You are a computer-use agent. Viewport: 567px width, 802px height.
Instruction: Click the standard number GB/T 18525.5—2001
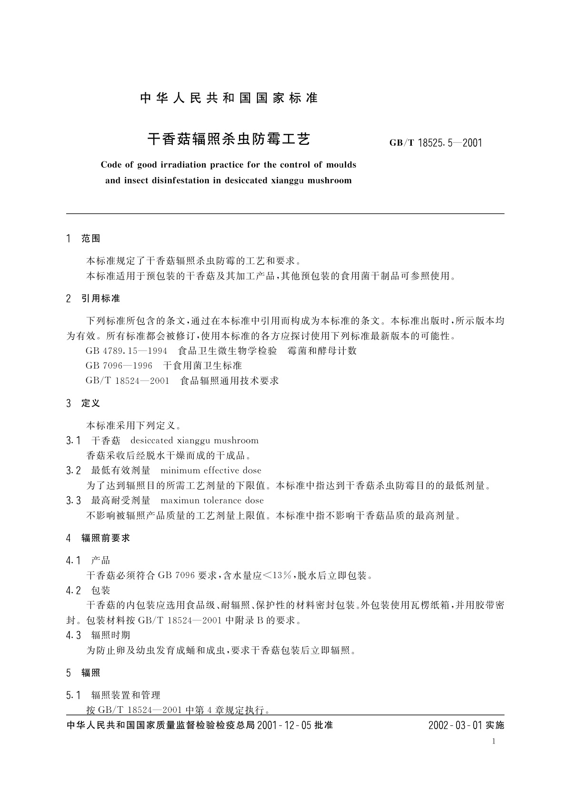click(x=436, y=142)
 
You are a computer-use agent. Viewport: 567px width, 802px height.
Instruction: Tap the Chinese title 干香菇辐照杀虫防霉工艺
click(x=229, y=139)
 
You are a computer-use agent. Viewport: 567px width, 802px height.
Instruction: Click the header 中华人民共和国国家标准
click(x=229, y=98)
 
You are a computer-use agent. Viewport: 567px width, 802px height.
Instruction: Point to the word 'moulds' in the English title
click(x=341, y=165)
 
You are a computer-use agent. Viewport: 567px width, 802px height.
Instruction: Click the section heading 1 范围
click(x=83, y=239)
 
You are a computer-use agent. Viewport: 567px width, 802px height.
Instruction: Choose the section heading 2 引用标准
click(x=93, y=299)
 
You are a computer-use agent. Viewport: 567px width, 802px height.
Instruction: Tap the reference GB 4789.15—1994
click(x=126, y=351)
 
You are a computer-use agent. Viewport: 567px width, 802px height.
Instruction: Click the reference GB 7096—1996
click(x=119, y=366)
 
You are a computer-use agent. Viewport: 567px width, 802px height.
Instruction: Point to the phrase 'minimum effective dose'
click(x=211, y=471)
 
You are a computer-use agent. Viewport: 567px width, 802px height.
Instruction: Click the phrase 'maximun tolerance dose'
click(x=212, y=501)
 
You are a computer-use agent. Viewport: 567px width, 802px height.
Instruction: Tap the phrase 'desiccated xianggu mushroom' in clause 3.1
click(x=194, y=441)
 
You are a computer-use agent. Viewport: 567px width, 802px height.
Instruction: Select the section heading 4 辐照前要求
click(x=98, y=538)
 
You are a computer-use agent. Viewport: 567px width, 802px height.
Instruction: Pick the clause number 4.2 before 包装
click(x=73, y=591)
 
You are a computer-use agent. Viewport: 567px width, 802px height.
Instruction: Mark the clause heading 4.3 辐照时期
click(x=98, y=635)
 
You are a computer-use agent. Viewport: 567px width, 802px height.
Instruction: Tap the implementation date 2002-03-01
click(x=456, y=725)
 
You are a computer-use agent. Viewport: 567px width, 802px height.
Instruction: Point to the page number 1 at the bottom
click(x=494, y=741)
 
